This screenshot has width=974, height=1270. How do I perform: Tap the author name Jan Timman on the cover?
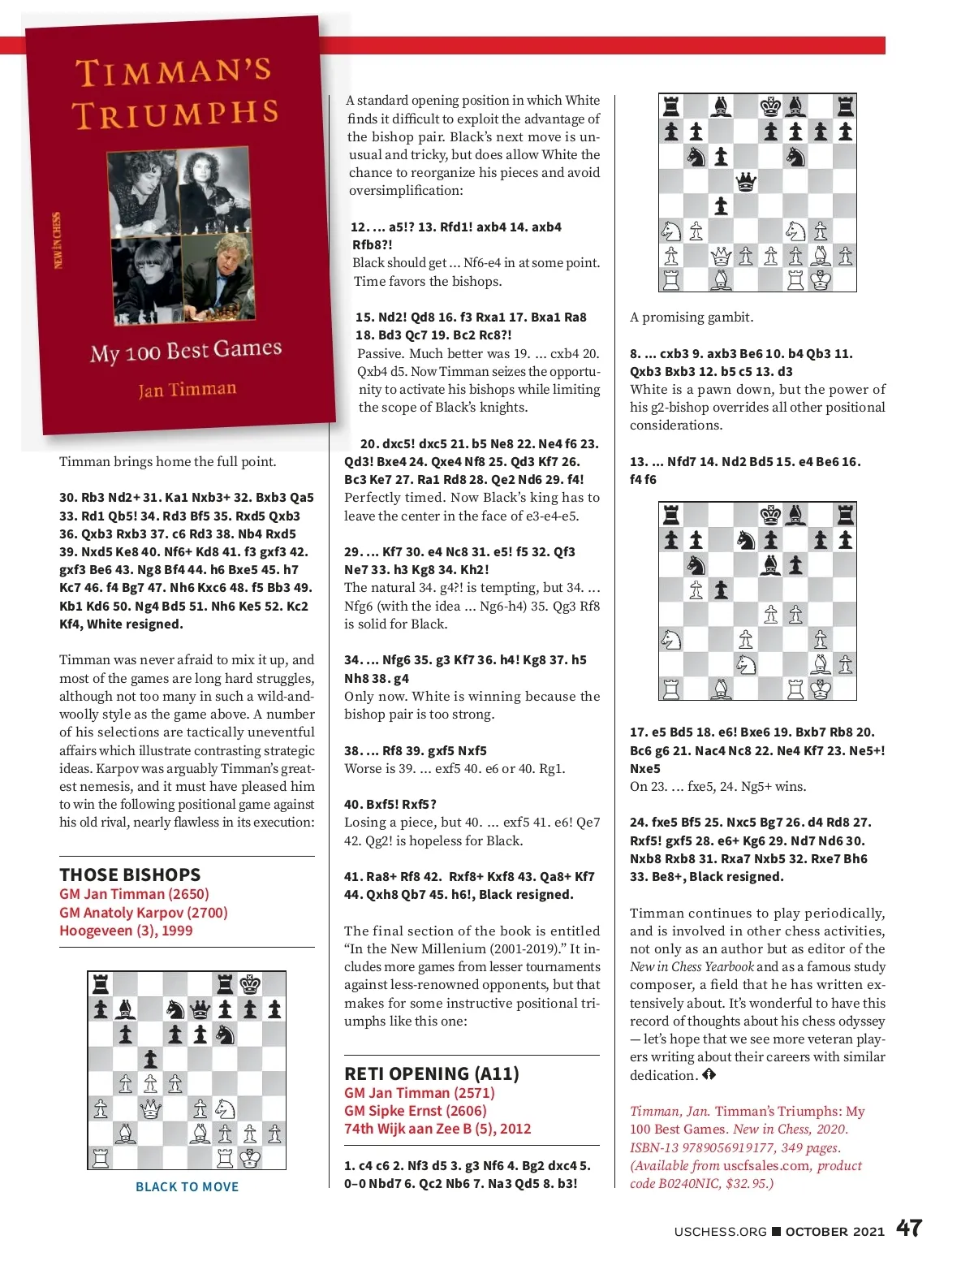[187, 390]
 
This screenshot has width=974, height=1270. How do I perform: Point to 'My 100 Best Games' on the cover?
[186, 351]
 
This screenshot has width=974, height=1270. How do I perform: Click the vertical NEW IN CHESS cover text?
[57, 241]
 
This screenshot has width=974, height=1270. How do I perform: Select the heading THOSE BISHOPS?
[130, 875]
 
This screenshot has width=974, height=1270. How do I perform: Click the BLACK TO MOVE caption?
[187, 1186]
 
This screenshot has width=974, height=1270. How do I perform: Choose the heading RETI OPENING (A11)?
[431, 1073]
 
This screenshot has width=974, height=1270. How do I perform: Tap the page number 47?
[909, 1228]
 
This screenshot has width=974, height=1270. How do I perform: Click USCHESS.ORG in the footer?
[720, 1231]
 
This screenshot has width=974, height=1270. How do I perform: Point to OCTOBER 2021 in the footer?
[834, 1231]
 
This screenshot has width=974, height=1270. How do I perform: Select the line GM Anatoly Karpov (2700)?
[144, 912]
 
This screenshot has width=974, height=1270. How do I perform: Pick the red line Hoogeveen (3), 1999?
[126, 931]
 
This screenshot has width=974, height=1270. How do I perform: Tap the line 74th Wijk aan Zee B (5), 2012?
[437, 1129]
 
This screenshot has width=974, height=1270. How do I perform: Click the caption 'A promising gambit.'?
[692, 317]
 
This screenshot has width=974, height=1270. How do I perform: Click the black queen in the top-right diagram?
[745, 181]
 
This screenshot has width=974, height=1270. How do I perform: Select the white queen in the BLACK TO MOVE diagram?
[150, 1108]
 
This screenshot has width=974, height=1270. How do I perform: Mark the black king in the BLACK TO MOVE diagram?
[250, 985]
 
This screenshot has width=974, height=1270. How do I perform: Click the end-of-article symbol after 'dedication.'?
[709, 1075]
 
